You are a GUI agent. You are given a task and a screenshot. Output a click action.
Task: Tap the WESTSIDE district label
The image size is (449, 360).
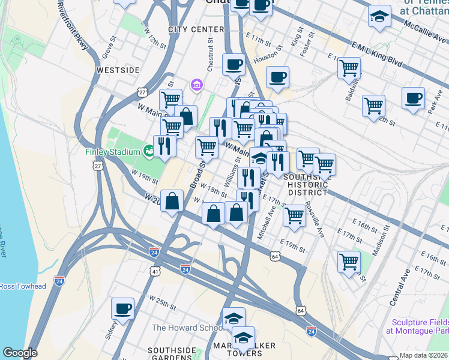coord(118,70)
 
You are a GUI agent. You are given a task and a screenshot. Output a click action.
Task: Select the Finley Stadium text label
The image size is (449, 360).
coord(113,152)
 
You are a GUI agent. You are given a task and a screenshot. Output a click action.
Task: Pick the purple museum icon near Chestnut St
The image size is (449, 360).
coord(196,86)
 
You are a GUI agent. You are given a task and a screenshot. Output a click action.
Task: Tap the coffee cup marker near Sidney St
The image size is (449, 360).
coord(122,308)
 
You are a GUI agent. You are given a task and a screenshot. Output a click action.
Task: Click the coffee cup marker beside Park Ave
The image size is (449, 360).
coord(412,98)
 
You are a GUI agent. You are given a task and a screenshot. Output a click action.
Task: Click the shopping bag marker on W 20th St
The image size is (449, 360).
coord(172,202)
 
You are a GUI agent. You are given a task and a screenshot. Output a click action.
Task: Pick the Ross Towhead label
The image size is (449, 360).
coord(23,286)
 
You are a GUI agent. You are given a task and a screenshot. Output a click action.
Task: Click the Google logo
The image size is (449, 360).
coord(20,352)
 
